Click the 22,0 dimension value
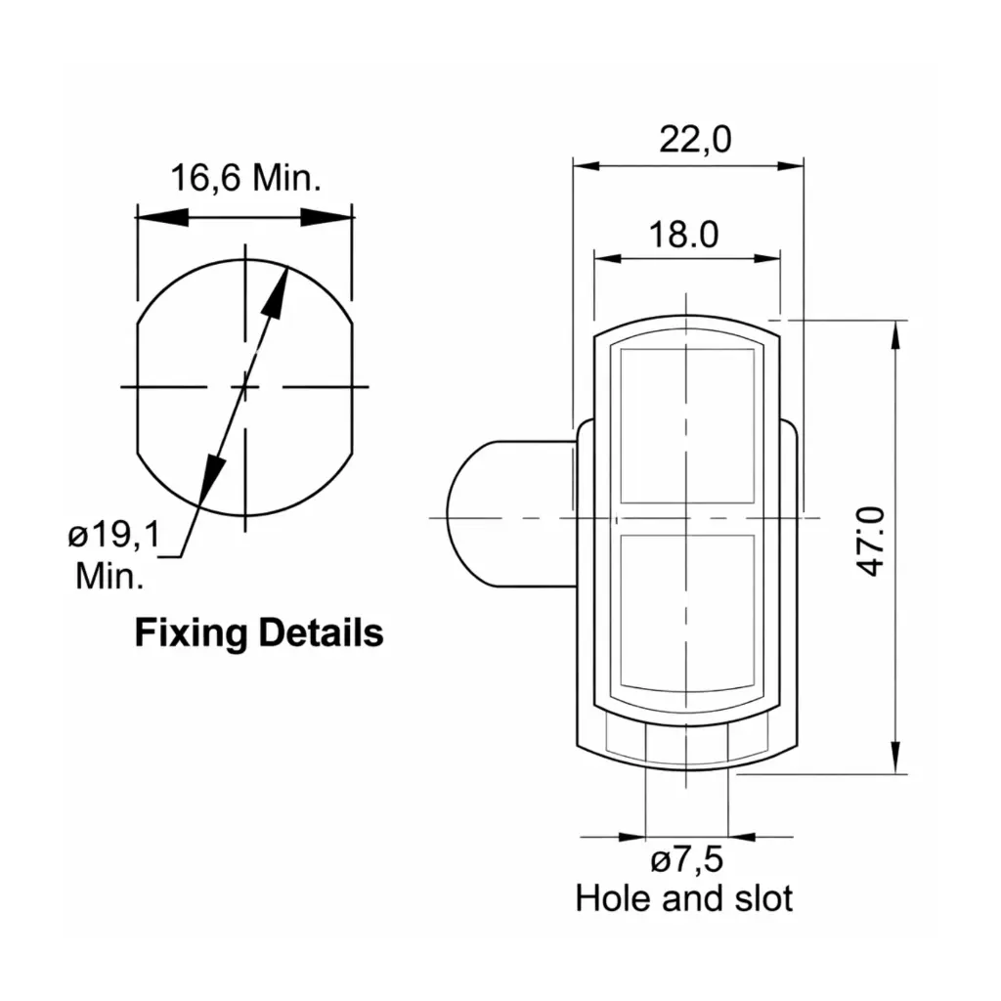point(694,140)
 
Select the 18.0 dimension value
point(684,235)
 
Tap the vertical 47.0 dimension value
point(873,541)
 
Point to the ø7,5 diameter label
point(686,861)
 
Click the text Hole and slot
point(684,897)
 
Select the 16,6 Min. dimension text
point(246,178)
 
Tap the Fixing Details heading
point(258,633)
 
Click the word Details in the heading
point(321,633)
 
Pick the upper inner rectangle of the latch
point(687,425)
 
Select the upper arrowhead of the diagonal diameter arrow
point(279,293)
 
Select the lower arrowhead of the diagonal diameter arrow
point(208,481)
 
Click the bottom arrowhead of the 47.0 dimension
point(894,755)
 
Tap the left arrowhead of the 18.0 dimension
point(612,258)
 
